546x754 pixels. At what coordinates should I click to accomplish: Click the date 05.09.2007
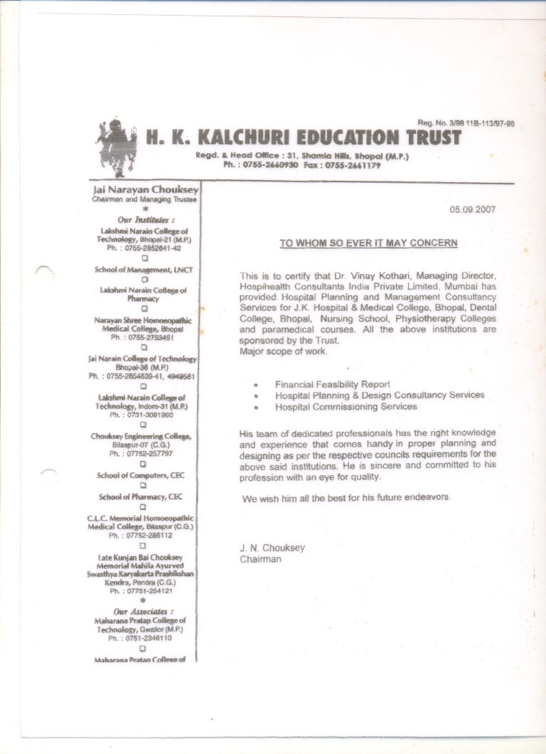473,209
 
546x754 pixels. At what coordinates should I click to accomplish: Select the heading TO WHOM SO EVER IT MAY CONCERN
368,243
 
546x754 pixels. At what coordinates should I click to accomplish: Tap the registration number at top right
466,124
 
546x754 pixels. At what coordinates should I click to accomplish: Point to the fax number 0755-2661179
353,165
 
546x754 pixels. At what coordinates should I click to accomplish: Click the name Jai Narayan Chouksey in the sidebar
145,191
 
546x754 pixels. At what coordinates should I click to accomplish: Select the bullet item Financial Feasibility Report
333,384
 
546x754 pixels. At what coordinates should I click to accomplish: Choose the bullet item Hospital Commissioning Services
346,407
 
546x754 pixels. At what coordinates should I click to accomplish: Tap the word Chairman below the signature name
260,559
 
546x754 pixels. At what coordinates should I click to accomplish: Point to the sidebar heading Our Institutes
145,221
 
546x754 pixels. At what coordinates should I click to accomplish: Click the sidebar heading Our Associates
144,611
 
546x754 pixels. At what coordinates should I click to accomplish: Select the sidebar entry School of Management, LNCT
144,270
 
